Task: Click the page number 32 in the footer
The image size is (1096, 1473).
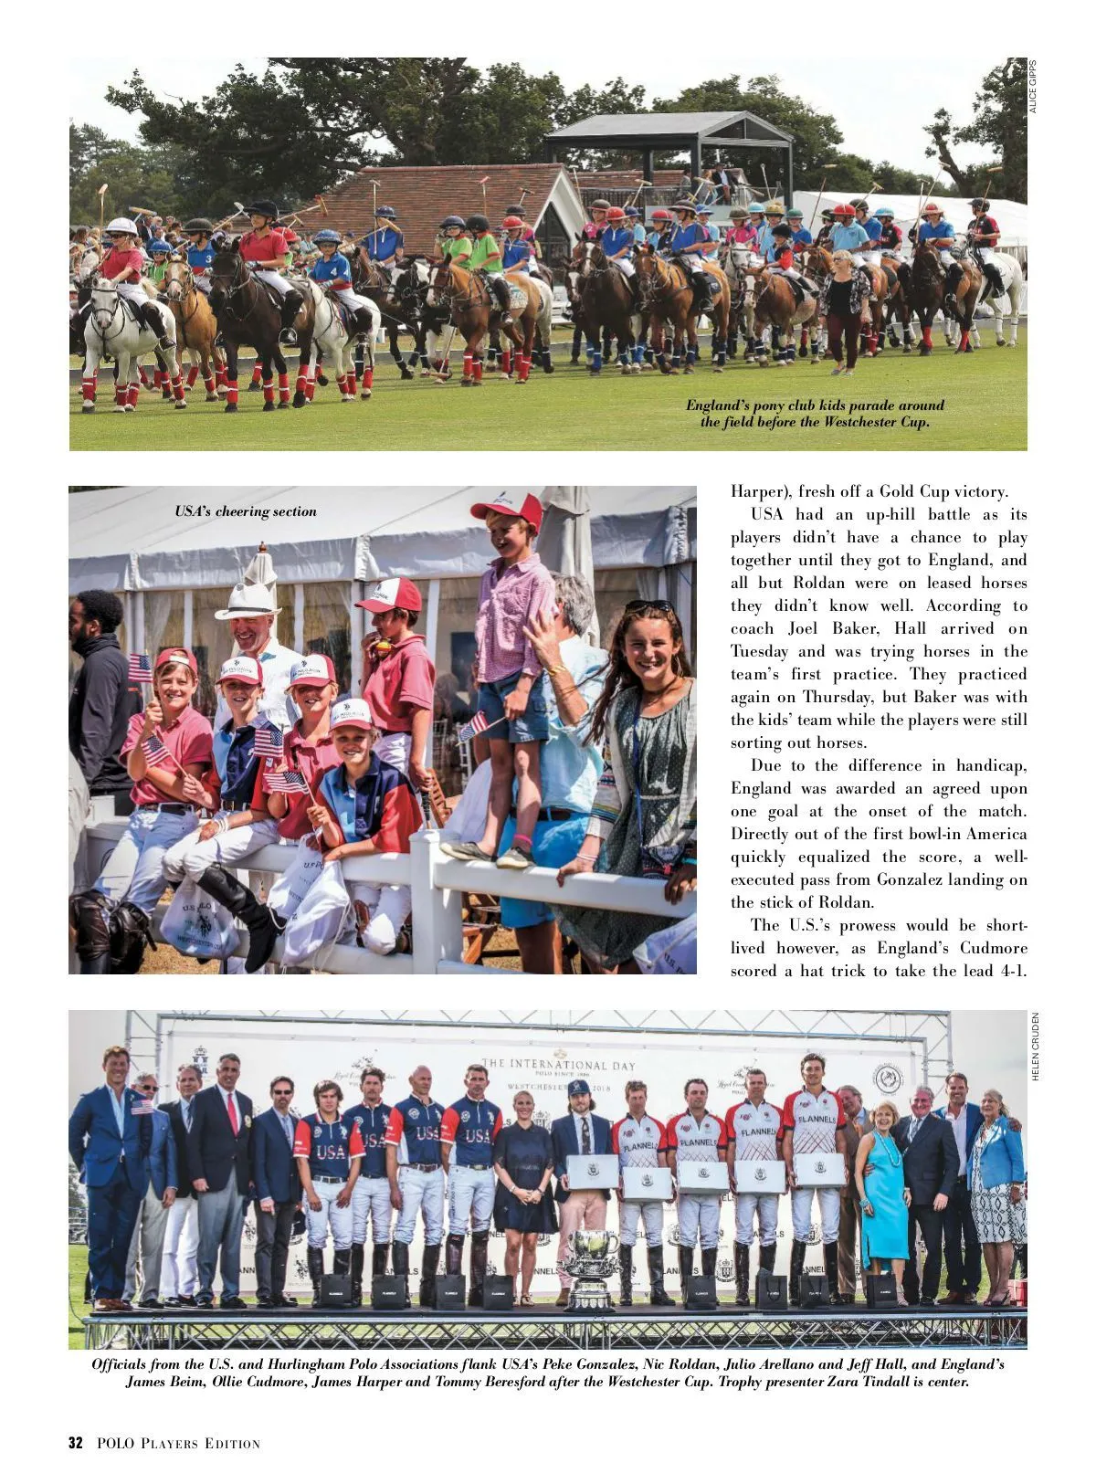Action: [x=76, y=1443]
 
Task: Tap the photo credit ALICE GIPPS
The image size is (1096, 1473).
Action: [x=1033, y=86]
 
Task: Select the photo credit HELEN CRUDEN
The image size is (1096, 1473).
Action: [x=1035, y=1047]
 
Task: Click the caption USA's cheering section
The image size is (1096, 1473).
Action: [x=246, y=511]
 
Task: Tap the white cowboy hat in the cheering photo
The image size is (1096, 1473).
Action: [x=248, y=602]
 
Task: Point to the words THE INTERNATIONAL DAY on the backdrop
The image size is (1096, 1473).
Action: [x=558, y=1065]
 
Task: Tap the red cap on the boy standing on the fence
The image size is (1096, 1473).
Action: [x=507, y=508]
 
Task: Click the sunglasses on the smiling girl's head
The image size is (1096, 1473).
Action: [x=648, y=605]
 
